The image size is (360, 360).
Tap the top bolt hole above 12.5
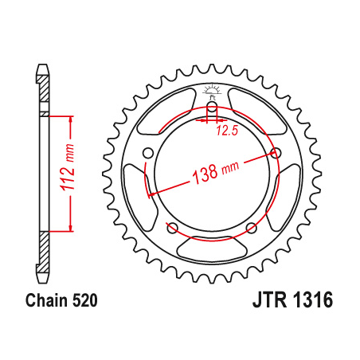[211, 109]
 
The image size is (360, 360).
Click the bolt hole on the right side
[276, 154]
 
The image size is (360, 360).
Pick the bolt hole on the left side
[147, 154]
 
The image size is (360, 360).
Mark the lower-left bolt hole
[171, 229]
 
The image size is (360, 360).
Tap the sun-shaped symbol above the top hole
[211, 89]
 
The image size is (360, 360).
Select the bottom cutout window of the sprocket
[211, 248]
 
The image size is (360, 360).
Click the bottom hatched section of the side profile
[44, 250]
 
